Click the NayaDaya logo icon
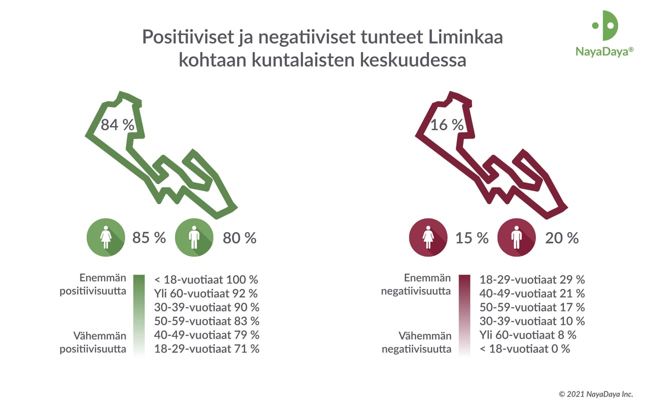pos(605,25)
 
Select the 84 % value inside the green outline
pos(117,124)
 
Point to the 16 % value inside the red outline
pos(447,124)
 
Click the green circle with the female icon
pos(105,237)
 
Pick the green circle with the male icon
pos(194,237)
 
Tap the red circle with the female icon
pos(428,237)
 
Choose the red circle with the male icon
pos(517,237)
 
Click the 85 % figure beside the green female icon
pos(149,238)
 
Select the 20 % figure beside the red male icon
pos(561,238)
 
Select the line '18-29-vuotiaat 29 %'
pos(532,279)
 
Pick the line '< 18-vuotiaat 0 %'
pos(524,349)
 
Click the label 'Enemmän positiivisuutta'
pos(93,285)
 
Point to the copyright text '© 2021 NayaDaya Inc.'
pos(595,393)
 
